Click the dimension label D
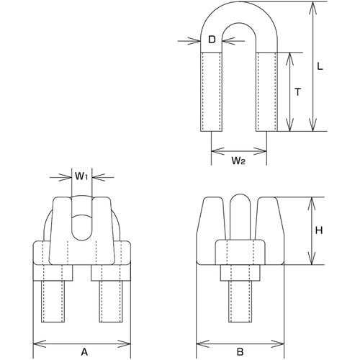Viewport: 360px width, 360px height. (x=212, y=40)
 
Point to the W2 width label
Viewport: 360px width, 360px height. (x=240, y=162)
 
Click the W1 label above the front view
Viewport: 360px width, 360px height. (x=81, y=175)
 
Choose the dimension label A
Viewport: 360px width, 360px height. (x=84, y=332)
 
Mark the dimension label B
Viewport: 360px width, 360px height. (x=242, y=332)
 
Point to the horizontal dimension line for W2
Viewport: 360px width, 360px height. (x=240, y=150)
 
